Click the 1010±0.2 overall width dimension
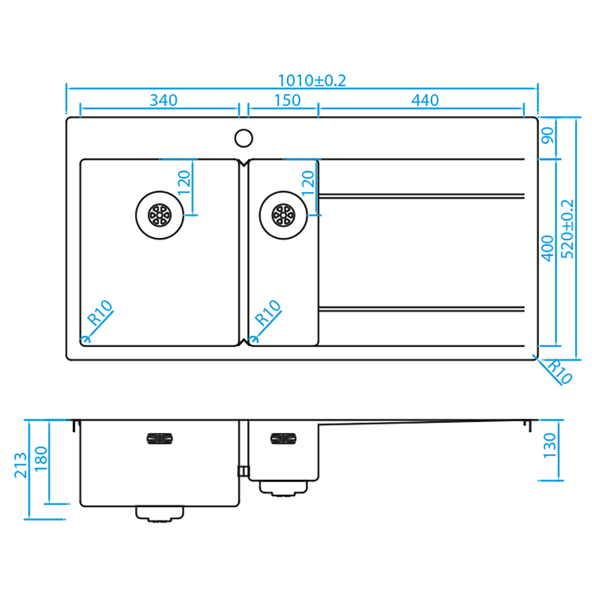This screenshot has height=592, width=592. coord(312,80)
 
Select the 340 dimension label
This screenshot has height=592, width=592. coord(164,100)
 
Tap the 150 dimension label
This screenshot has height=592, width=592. coord(287,100)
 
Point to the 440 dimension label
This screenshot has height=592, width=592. coord(425,100)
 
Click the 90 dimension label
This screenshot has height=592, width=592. coord(548,135)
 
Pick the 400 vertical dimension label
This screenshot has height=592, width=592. coord(548,248)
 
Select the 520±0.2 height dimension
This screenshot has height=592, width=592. coord(567,229)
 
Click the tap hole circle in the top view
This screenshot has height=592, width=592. coord(243,138)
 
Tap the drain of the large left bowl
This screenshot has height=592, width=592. coord(160,215)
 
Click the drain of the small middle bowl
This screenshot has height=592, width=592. coord(283,215)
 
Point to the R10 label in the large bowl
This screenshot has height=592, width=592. coord(100,312)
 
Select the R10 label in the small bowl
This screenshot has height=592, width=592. coord(268,312)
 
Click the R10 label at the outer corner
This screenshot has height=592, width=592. coord(560,371)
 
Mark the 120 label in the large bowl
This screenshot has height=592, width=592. coord(184,183)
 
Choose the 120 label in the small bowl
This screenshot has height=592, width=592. coord(308,183)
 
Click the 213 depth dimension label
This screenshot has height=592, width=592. coord(21,465)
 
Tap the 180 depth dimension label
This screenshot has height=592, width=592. coord(41,458)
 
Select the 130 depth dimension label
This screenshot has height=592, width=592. coord(550,446)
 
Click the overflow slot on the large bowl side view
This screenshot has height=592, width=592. coord(160,438)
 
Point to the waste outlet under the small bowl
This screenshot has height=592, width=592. coord(283,488)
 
